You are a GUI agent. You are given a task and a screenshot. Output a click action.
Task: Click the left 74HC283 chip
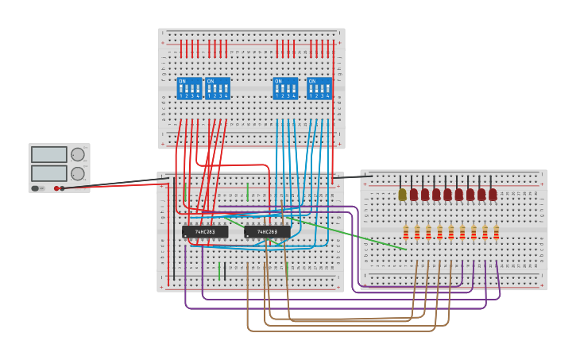point(205,232)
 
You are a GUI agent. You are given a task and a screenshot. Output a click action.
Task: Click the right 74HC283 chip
point(267,232)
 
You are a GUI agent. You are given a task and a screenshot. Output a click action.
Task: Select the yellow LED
point(402,194)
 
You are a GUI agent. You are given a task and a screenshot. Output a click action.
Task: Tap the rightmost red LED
point(493,194)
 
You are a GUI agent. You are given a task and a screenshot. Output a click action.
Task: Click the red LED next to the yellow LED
point(413,194)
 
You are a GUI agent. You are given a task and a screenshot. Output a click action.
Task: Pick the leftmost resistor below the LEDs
point(406,231)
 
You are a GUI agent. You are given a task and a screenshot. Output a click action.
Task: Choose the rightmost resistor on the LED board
point(497,231)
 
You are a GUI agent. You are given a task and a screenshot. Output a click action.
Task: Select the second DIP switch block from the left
point(218,88)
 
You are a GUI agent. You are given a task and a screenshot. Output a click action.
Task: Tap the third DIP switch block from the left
point(285,88)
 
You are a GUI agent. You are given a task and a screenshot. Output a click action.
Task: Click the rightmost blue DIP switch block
point(319,88)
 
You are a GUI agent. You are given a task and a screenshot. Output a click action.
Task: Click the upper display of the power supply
point(48,154)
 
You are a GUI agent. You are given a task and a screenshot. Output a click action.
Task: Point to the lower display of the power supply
point(48,172)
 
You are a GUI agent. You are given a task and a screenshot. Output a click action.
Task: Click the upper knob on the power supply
point(77,154)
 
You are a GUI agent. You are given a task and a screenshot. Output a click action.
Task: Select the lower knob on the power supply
point(77,173)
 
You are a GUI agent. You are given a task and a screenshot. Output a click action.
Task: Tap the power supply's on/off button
point(35,188)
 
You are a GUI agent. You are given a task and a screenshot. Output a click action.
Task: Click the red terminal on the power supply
point(56,188)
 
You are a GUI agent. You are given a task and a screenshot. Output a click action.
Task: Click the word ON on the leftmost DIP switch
point(182,81)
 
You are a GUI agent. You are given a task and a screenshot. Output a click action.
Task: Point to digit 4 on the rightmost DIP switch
point(328,96)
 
